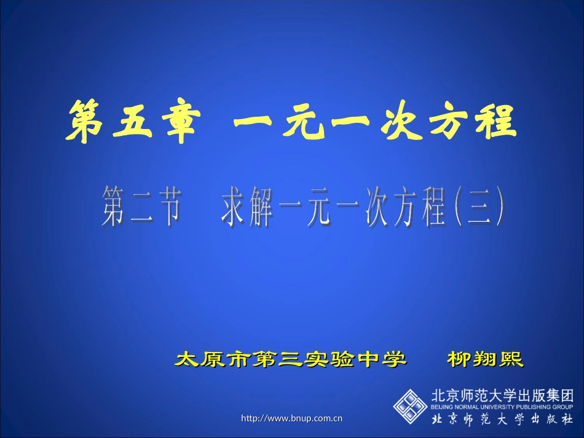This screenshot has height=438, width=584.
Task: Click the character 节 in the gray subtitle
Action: click(x=167, y=206)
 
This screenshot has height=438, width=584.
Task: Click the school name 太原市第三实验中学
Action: click(x=291, y=359)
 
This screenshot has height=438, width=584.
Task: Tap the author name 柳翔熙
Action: click(x=485, y=359)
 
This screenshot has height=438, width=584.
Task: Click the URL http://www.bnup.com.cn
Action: click(x=291, y=418)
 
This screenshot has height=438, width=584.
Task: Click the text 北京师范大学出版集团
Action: click(x=502, y=395)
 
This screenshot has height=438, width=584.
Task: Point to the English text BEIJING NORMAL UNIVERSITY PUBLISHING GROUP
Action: click(x=502, y=407)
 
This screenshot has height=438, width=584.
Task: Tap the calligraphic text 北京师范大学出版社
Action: click(x=502, y=420)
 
